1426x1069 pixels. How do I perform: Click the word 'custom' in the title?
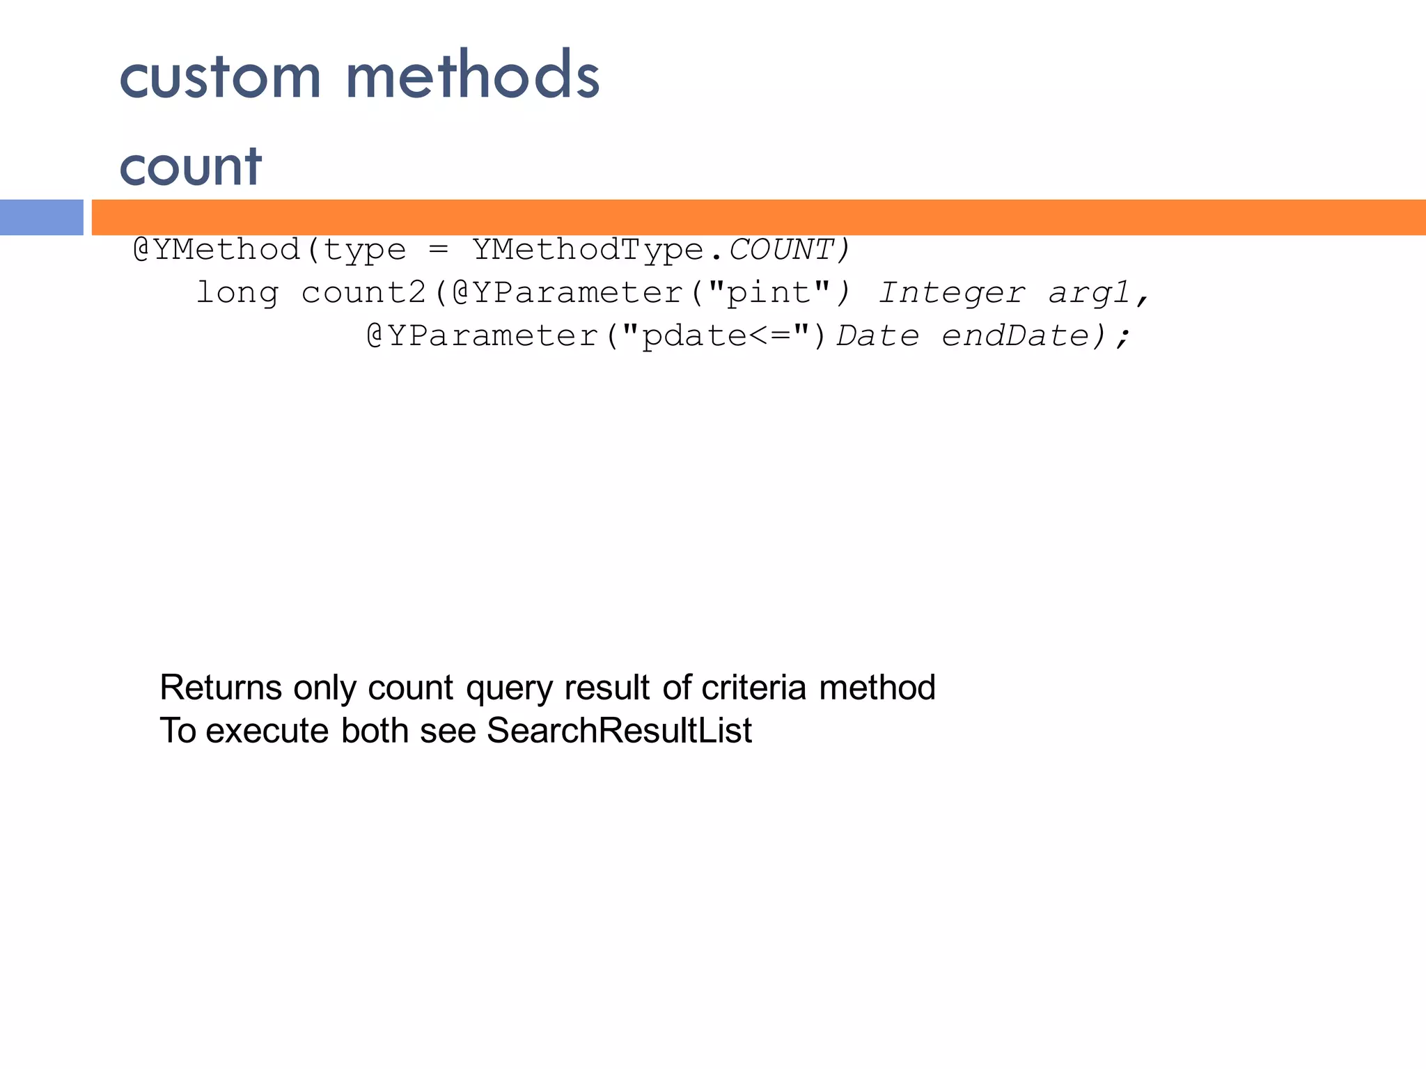click(220, 77)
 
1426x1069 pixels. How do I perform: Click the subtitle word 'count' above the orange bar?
click(190, 167)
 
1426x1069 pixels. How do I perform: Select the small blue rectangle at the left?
click(41, 217)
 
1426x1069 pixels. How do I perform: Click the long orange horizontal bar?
click(758, 217)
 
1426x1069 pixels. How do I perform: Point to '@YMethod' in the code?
click(217, 250)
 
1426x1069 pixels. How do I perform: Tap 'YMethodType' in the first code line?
click(588, 250)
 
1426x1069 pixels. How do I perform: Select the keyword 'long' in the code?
click(237, 293)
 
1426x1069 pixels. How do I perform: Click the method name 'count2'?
click(363, 293)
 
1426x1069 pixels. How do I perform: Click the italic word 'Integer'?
click(951, 293)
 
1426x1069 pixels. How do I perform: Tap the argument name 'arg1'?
click(1089, 293)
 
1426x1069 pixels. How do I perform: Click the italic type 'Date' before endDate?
click(877, 336)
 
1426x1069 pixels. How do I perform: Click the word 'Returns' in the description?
click(221, 688)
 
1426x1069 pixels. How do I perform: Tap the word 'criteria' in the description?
click(753, 688)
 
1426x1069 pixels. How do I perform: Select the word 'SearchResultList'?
click(619, 731)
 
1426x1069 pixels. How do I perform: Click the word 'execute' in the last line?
click(267, 731)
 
